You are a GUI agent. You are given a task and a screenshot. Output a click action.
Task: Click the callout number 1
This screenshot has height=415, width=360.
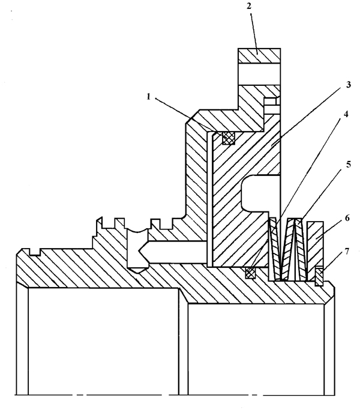tap(149, 97)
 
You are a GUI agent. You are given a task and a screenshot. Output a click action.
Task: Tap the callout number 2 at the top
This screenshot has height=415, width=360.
tap(249, 6)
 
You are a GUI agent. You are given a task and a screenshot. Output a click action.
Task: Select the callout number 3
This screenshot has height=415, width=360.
tap(349, 85)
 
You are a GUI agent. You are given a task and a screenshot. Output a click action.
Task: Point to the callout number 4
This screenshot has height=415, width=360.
tap(346, 114)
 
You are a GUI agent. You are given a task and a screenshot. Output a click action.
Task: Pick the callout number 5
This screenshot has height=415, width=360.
tap(349, 164)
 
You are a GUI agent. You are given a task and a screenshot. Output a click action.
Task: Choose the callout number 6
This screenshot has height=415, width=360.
tap(347, 218)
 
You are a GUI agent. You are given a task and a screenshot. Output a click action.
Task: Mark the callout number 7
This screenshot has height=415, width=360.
tap(347, 251)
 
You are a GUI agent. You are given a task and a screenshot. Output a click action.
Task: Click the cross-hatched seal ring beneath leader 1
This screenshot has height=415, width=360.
tap(229, 138)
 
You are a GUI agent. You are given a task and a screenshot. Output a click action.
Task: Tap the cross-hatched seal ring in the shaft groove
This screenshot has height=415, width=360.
tap(250, 273)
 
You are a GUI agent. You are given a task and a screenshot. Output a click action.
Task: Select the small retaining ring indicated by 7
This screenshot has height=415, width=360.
tap(319, 277)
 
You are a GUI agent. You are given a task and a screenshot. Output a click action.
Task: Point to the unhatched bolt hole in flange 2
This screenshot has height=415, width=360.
tap(259, 74)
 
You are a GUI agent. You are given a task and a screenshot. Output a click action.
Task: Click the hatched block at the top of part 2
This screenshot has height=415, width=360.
tap(259, 56)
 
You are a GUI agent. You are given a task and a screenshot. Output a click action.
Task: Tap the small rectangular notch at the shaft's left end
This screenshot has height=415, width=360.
tap(35, 252)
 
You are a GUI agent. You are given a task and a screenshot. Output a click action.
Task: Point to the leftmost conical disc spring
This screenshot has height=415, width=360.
tap(274, 249)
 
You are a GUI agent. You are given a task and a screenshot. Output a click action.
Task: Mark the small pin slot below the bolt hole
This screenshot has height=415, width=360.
tap(270, 106)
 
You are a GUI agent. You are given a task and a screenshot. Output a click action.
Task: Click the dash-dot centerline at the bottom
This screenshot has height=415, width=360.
tap(175, 395)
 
